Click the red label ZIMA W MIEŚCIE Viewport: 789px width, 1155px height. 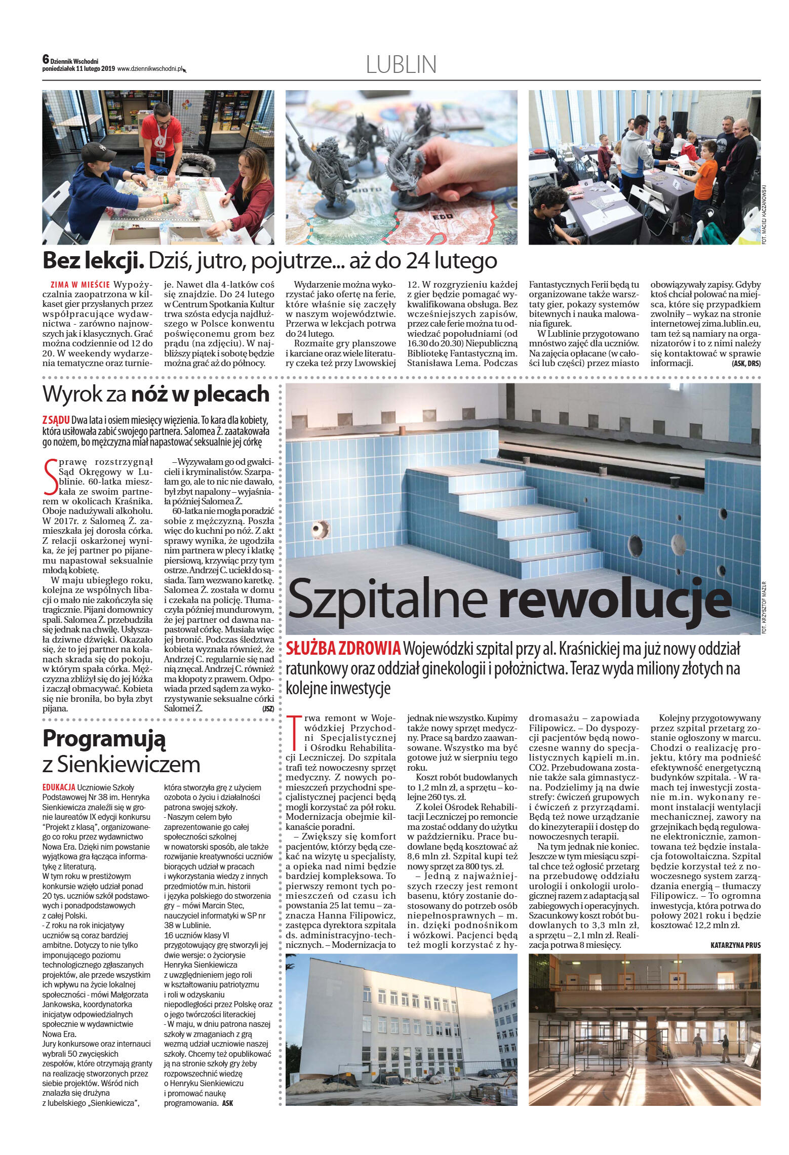pyautogui.click(x=81, y=284)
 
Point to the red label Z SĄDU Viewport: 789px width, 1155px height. pyautogui.click(x=56, y=421)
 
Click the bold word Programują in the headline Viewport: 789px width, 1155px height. pyautogui.click(x=104, y=739)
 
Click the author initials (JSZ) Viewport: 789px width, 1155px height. pyautogui.click(x=268, y=709)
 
